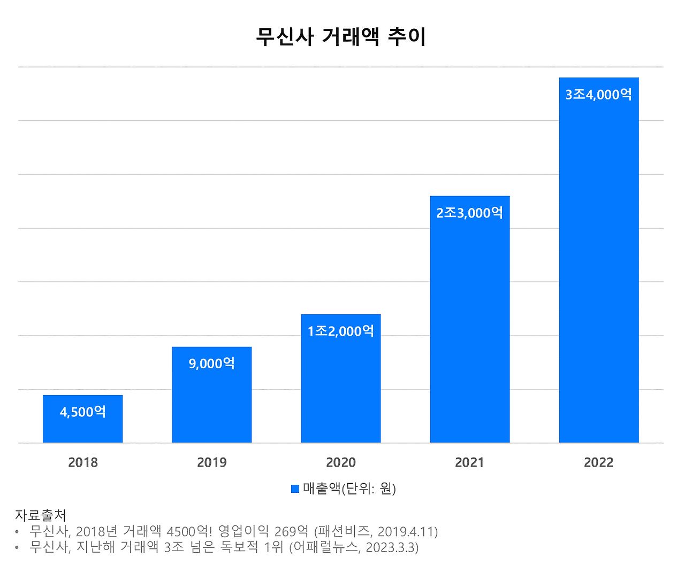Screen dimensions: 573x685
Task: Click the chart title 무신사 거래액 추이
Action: coord(341,37)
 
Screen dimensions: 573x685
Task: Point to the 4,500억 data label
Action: coord(83,412)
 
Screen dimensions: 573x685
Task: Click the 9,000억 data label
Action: coord(212,364)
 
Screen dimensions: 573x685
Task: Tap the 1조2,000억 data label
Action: coord(341,331)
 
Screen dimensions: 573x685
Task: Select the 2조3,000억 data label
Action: coord(470,213)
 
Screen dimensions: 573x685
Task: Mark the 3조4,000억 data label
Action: coord(599,95)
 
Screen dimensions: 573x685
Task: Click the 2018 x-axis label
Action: coord(83,462)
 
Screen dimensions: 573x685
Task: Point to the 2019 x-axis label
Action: coord(212,462)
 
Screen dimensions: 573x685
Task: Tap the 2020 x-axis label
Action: coord(341,462)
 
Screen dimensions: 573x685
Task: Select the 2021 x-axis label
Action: coord(470,462)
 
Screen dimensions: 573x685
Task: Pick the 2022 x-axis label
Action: coord(599,462)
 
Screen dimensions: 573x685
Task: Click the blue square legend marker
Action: coord(295,489)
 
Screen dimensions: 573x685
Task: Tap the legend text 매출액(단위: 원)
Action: coord(349,489)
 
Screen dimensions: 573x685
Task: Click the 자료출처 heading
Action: coord(41,515)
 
